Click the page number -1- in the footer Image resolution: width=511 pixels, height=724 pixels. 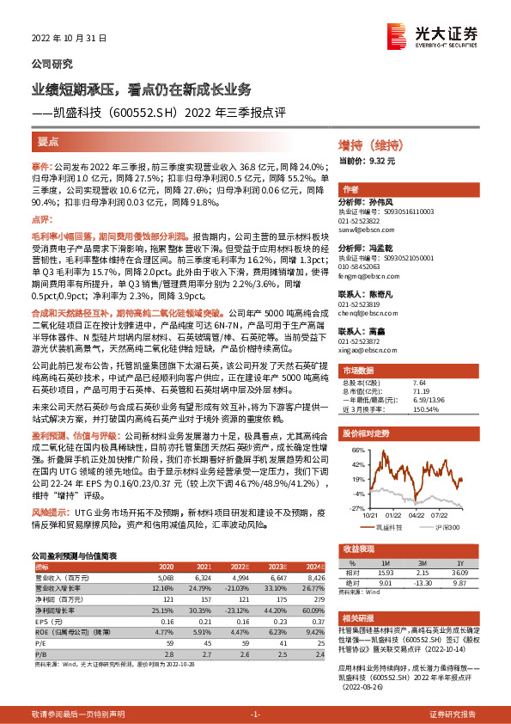tap(255, 715)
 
